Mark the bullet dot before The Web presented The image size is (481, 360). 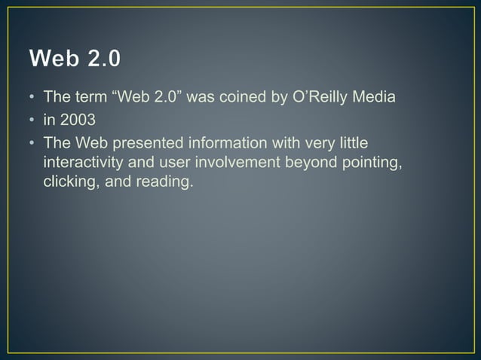[33, 142]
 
